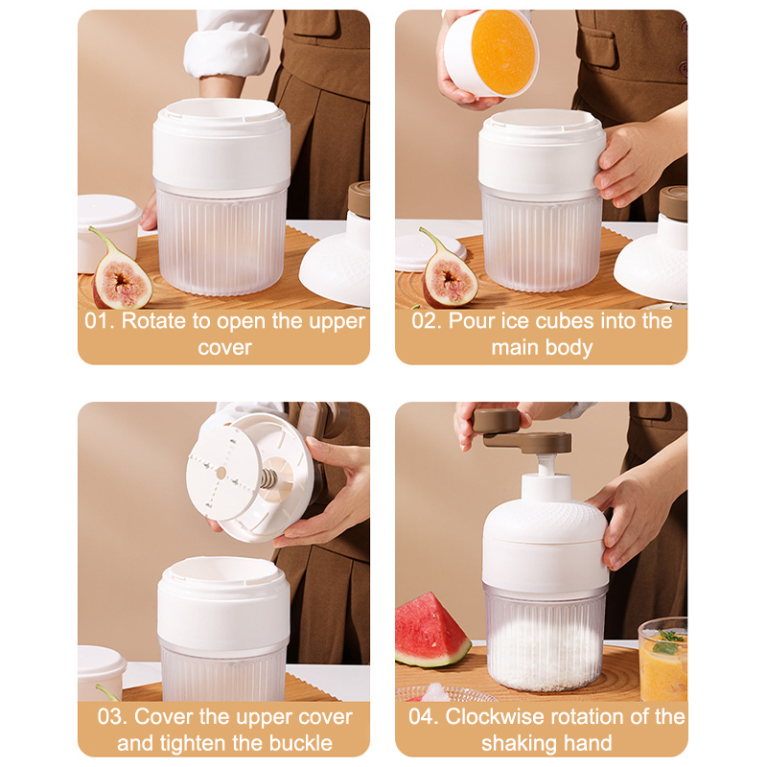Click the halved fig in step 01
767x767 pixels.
121,272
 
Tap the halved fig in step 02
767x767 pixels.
448,270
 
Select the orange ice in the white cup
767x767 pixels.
502,53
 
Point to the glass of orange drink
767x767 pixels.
662,660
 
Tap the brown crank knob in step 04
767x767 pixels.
496,421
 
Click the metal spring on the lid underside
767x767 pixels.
268,478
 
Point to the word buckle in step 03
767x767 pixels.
300,743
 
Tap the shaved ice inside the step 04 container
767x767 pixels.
546,653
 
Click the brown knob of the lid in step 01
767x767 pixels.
359,199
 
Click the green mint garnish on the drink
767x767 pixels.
666,641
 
